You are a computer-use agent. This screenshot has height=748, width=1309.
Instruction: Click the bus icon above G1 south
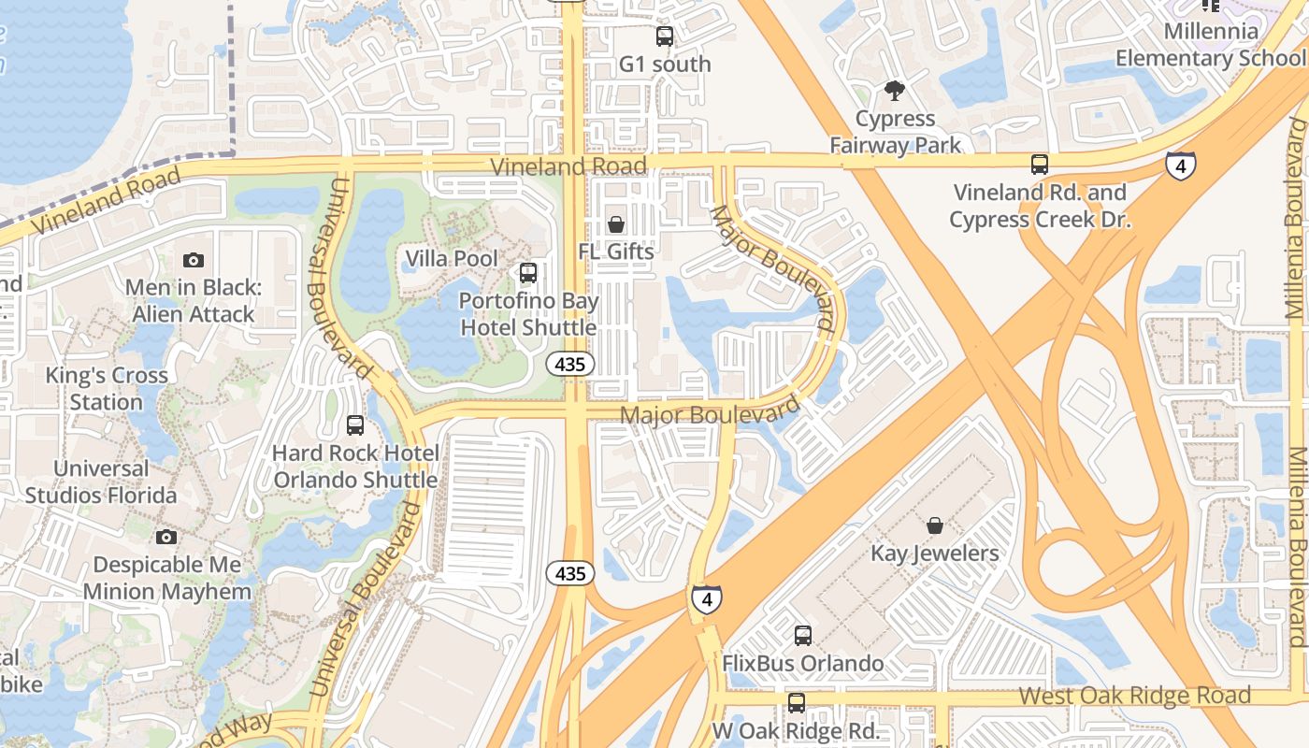(x=665, y=36)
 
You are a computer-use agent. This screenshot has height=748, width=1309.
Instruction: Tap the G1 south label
(x=665, y=65)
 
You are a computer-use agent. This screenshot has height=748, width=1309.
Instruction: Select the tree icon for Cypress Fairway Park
(x=895, y=91)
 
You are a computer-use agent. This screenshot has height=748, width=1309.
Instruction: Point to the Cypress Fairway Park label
(x=896, y=132)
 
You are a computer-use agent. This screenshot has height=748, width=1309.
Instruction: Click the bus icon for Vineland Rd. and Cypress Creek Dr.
(x=1039, y=165)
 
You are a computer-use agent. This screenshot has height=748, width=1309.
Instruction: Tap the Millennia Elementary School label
(x=1211, y=45)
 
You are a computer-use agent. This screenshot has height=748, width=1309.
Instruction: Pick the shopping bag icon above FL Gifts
(x=616, y=224)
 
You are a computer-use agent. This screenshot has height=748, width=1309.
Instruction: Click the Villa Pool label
(x=452, y=258)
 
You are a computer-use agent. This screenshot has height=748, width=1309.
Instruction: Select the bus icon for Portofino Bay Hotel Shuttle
(x=528, y=273)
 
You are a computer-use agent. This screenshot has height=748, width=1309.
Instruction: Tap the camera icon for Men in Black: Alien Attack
(x=194, y=260)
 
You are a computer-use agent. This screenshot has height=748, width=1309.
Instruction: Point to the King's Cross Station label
(x=108, y=388)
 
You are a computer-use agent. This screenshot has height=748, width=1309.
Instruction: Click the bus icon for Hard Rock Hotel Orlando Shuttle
(x=355, y=425)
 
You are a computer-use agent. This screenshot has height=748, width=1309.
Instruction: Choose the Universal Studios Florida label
(x=101, y=482)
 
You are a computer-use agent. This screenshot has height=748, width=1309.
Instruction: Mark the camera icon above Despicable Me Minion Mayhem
(x=166, y=537)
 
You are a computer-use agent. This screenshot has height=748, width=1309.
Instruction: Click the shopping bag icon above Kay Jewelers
(x=934, y=525)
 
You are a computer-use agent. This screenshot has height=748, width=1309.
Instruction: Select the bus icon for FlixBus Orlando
(x=802, y=636)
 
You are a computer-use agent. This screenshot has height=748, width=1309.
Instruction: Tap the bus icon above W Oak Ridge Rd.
(x=796, y=702)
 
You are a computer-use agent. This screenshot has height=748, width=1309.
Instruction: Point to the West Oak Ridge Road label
(x=1134, y=696)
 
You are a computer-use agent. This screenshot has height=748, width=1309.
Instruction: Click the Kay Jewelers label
(x=935, y=553)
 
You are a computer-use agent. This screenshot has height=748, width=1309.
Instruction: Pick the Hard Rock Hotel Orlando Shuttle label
(x=355, y=467)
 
